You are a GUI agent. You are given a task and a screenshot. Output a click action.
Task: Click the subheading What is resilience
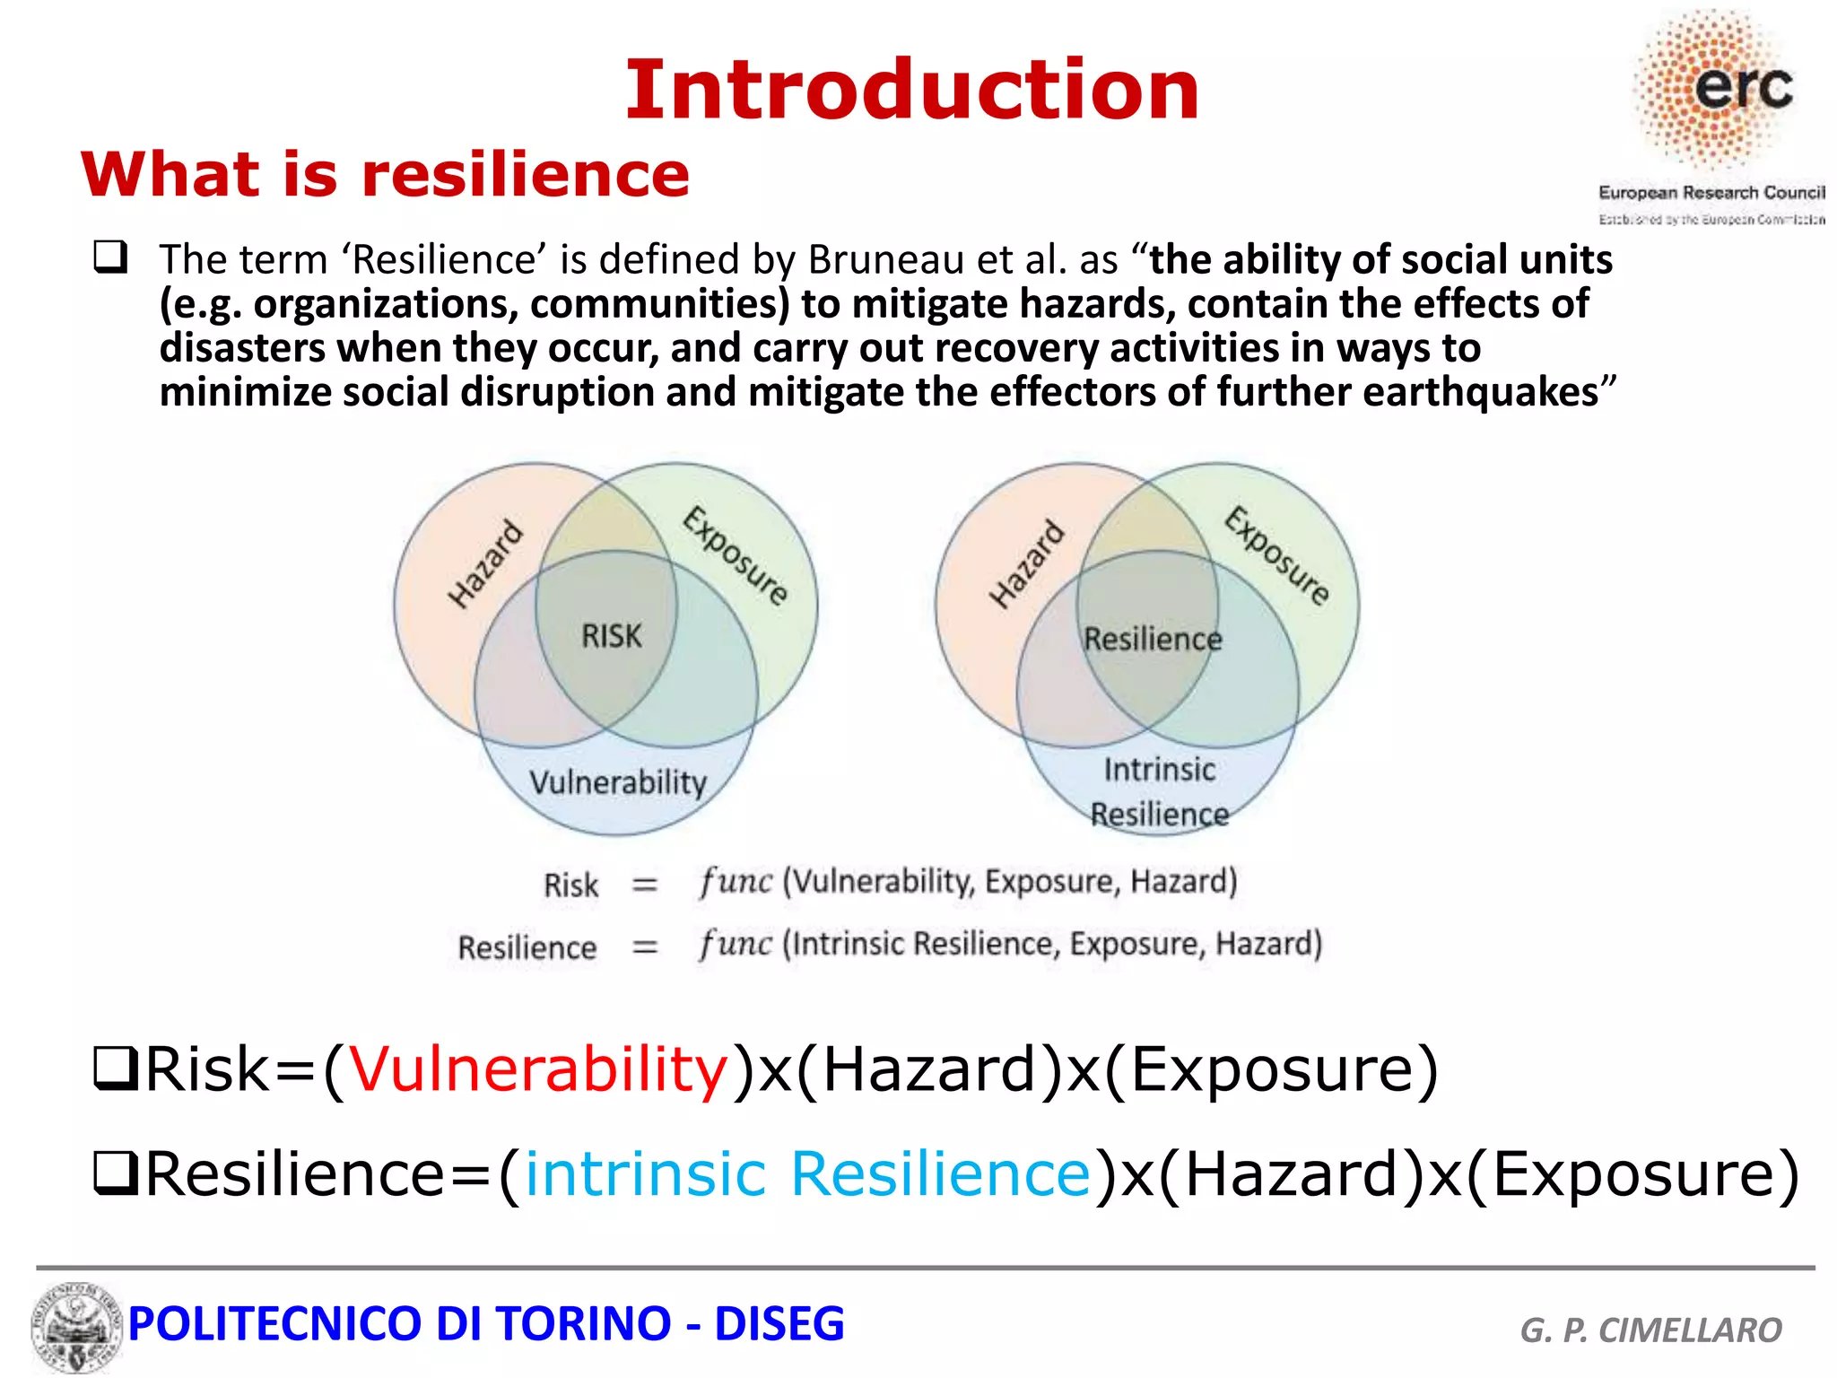coord(386,174)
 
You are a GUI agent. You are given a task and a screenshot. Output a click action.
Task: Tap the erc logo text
coord(1743,87)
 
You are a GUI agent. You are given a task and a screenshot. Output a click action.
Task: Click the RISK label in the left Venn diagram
coord(612,636)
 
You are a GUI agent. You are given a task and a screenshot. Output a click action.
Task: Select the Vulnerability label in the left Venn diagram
coord(618,782)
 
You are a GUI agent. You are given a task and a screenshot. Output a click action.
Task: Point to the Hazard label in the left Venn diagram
coord(485,564)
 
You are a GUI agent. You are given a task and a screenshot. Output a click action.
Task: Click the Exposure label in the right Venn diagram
coord(1277,556)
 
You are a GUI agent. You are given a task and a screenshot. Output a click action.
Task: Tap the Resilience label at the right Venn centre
coord(1153,640)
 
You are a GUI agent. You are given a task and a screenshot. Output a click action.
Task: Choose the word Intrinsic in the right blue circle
coord(1159,771)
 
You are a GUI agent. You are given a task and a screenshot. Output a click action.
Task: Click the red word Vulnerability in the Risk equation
coord(538,1069)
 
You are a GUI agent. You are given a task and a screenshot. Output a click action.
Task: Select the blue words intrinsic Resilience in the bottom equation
coord(807,1173)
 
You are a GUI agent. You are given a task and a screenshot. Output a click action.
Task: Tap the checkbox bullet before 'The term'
coord(110,258)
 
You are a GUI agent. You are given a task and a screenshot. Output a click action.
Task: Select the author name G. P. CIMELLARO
coord(1650,1330)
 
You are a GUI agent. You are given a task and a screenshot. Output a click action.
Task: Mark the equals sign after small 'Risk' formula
coord(644,885)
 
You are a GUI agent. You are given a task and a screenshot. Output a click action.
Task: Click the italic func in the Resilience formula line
coord(736,944)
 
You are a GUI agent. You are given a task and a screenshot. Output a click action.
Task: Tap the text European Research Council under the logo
coord(1711,193)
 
